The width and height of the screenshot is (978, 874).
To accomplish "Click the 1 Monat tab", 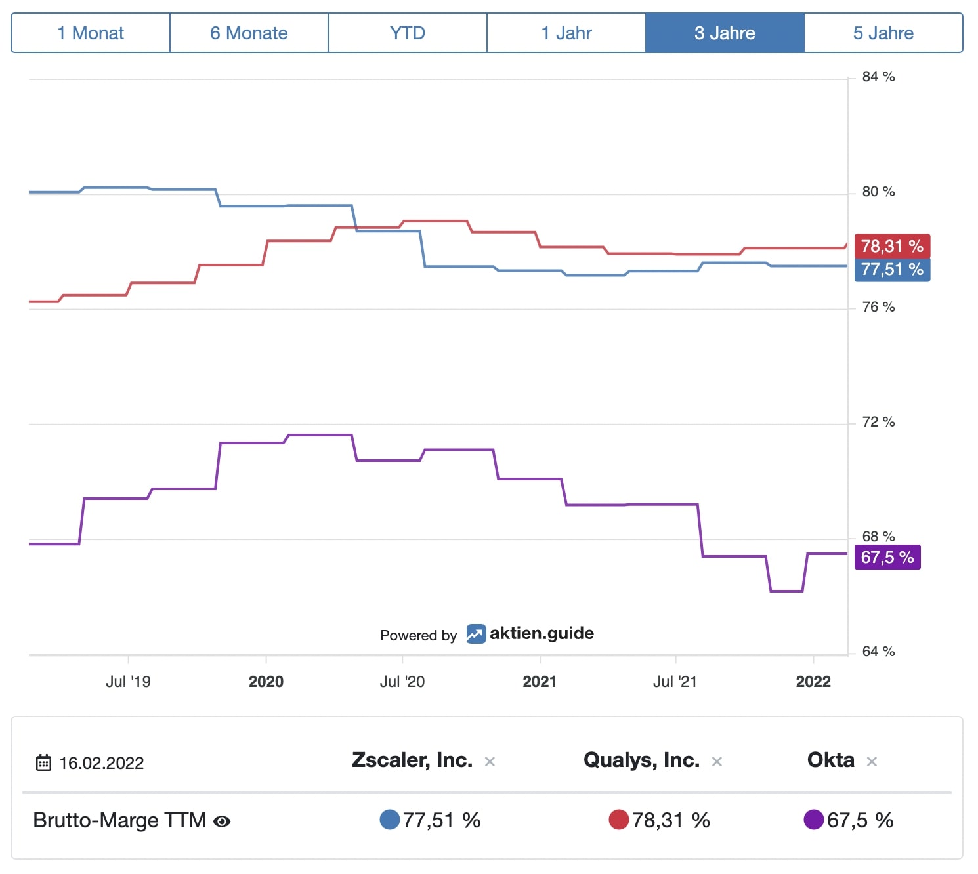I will click(91, 33).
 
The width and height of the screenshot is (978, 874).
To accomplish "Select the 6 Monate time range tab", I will click(249, 33).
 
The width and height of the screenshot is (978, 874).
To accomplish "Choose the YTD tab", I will click(408, 33).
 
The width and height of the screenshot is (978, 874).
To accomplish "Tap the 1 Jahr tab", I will click(566, 33).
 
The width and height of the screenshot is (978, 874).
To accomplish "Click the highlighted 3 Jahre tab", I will click(725, 33).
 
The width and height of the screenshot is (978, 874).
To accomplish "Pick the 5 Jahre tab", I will click(883, 33).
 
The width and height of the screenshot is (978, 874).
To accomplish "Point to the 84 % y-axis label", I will click(878, 77).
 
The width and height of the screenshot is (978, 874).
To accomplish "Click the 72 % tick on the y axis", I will click(878, 422).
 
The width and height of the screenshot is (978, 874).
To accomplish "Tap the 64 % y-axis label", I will click(878, 652).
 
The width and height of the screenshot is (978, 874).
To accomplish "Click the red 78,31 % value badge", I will click(892, 246).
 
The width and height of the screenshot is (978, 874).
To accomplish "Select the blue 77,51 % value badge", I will click(892, 270).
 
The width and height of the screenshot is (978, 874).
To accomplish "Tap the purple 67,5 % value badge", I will click(887, 557).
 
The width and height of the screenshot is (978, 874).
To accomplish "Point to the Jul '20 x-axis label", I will click(402, 682).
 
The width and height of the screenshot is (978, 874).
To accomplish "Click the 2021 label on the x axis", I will click(540, 682).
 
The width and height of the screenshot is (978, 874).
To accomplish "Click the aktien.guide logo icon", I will click(476, 634).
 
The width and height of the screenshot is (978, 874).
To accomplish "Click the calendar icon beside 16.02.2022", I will click(43, 762).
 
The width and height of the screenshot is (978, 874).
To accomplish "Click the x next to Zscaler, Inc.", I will click(490, 762).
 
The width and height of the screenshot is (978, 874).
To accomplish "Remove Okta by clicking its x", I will click(872, 762).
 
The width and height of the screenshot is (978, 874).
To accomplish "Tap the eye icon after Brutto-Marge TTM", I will click(223, 822).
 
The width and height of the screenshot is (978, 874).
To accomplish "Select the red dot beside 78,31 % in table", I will click(618, 820).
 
